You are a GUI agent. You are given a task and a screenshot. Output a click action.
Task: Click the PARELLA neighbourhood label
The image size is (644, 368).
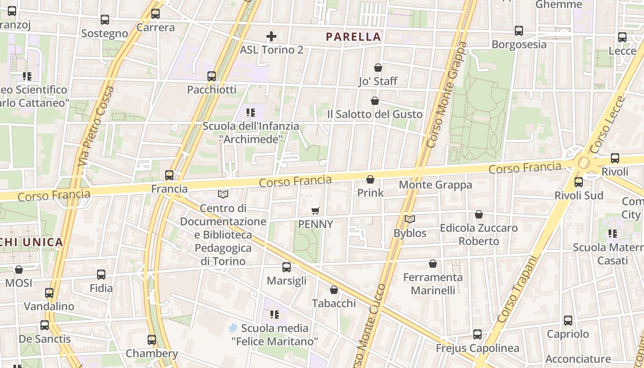coord(354,37)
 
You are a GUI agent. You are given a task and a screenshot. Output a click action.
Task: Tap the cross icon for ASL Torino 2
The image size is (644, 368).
coord(271,36)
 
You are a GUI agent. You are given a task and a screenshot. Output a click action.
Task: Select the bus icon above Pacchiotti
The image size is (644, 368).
coord(212,76)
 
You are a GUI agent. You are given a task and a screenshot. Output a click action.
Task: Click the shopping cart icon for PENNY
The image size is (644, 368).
coord(316,211)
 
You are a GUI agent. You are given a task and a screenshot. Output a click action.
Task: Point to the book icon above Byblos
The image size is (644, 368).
coord(409,219)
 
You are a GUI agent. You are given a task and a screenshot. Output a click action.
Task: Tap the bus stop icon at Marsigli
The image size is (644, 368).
coord(287,267)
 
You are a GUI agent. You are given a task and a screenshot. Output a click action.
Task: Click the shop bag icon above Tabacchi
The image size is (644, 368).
coord(334,290)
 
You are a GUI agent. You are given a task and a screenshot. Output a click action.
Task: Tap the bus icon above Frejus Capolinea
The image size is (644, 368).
coord(477,334)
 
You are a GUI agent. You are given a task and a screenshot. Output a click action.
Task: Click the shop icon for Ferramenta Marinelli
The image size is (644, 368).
coord(433,264)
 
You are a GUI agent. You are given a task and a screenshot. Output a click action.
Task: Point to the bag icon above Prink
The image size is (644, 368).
coord(370,179)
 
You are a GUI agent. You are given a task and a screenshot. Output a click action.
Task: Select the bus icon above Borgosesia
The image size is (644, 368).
coord(519,31)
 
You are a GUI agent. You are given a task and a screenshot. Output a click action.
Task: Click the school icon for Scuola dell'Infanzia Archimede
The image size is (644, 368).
coord(251,112)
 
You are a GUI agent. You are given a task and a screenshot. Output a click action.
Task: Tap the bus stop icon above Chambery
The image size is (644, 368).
coord(152,340)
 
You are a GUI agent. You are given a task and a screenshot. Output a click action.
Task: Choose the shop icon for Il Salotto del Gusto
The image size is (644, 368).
coord(375,101)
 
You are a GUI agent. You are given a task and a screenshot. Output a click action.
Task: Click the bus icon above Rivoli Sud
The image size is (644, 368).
coord(579,182)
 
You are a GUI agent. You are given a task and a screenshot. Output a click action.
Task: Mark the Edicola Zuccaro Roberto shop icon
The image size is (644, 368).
coord(479,214)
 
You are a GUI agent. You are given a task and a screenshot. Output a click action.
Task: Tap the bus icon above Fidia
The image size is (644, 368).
coord(101,275)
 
